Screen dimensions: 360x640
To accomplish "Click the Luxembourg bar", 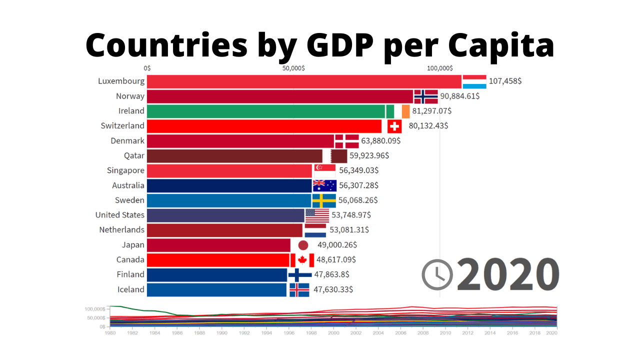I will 304,81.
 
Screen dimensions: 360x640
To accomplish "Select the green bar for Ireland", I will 265,111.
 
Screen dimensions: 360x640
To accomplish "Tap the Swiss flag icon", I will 394,126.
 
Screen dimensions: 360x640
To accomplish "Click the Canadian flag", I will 302,260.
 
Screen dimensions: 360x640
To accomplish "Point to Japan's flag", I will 303,245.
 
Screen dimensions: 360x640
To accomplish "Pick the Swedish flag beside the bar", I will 324,200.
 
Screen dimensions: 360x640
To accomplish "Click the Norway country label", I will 130,96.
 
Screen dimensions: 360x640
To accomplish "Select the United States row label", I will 120,215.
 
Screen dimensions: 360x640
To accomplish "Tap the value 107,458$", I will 505,81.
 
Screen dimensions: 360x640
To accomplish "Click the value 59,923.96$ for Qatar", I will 369,155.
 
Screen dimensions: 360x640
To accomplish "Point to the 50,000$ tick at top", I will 293,68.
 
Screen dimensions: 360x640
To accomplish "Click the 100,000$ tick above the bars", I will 440,68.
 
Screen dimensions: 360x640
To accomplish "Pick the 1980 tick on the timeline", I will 111,332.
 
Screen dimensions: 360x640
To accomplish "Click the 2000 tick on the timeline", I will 333,332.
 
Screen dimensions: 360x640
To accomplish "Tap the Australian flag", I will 324,185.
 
